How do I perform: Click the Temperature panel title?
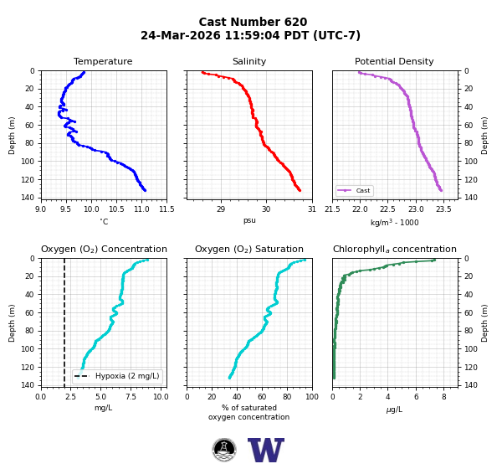103,61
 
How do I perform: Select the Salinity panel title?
249,61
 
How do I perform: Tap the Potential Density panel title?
394,61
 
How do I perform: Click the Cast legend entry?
355,190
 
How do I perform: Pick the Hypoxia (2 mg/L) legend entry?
118,376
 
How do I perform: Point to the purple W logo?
266,450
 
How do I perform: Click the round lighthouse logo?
224,450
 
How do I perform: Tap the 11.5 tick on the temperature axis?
166,209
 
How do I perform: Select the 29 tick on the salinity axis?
221,209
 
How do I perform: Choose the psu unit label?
249,220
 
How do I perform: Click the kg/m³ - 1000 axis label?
394,222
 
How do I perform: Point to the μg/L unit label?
394,410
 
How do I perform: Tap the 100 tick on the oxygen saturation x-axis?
312,397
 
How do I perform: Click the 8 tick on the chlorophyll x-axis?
444,397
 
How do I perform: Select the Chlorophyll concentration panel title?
394,249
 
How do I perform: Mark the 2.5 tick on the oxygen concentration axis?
71,397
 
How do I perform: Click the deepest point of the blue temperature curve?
145,190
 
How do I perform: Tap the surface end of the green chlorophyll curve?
434,260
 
